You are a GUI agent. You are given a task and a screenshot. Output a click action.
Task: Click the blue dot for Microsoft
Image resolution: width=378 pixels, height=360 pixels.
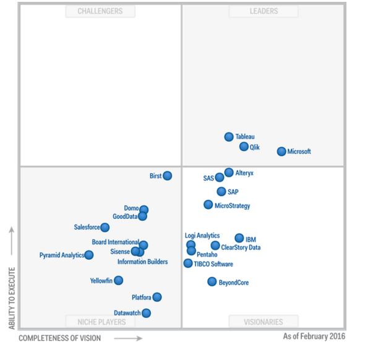pos(281,152)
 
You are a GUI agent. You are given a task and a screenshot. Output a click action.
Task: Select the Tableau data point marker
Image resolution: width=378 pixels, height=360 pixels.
pos(229,137)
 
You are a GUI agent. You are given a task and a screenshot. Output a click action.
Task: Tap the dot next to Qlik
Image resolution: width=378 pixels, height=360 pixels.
pos(244,147)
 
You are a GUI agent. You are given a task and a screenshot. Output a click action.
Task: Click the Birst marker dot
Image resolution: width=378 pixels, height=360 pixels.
pos(167,176)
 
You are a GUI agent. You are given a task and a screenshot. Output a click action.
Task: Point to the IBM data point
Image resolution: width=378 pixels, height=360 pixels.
pos(239,238)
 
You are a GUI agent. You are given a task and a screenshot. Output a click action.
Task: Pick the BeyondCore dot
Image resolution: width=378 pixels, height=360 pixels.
pos(212,282)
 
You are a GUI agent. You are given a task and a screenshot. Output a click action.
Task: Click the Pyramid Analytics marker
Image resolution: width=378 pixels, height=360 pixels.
pos(89,255)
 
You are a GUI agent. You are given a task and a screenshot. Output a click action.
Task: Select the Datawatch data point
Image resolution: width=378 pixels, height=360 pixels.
pos(146,313)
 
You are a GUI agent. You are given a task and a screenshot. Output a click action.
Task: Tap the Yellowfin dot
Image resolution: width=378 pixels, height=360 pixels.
pos(118,280)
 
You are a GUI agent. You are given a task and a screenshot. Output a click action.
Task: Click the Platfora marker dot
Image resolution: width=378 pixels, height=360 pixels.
pos(157,297)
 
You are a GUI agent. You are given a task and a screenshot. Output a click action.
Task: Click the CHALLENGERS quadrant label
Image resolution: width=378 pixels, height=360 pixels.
pos(100,11)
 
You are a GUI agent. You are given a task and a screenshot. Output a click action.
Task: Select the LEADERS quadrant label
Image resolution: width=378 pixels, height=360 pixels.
pos(264,11)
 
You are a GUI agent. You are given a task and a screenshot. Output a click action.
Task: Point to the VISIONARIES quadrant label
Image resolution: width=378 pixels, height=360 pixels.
pos(264,322)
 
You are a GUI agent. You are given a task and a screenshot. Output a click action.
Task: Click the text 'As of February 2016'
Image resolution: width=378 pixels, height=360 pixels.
pos(314,336)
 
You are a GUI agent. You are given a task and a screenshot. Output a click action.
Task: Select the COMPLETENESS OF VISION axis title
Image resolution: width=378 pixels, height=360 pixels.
pos(59,338)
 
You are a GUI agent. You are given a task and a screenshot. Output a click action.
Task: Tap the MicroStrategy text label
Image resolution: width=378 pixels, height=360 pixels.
pos(233,206)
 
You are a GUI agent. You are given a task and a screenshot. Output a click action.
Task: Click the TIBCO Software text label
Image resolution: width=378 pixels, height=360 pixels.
pos(213,264)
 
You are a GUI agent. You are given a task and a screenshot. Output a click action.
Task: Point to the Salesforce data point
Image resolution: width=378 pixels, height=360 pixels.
pos(105,227)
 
